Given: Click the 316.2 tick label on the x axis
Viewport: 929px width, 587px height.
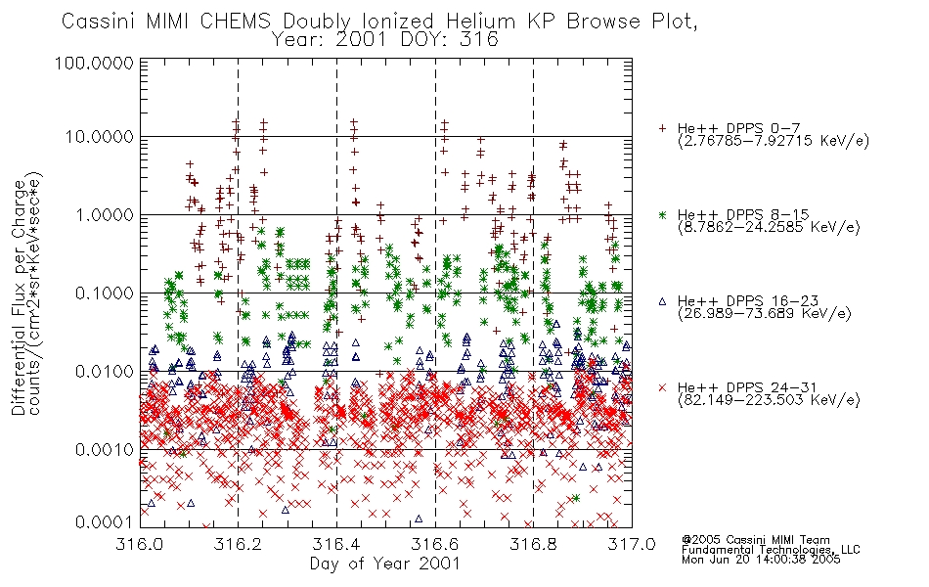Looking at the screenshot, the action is (x=239, y=544).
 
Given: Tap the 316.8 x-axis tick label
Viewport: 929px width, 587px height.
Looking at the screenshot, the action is (x=533, y=544).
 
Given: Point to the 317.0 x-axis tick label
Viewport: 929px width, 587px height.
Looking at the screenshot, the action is (x=632, y=544).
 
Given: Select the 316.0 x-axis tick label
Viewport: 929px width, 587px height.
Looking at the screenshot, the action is (x=140, y=544).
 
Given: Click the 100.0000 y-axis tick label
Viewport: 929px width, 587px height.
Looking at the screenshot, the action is (x=94, y=63).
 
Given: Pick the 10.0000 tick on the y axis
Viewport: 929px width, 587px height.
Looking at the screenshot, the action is (x=99, y=137).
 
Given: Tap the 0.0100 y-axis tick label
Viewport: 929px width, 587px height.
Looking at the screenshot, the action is (x=105, y=372).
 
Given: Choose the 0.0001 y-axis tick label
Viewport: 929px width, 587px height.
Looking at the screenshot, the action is (x=105, y=522).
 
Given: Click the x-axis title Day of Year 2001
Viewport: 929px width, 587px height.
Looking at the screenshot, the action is (x=385, y=564).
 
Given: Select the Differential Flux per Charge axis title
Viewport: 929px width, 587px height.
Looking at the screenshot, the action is (x=19, y=297).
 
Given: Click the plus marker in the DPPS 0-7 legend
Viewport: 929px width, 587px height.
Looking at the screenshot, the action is (x=662, y=128).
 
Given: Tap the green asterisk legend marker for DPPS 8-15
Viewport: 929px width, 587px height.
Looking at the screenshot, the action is (x=662, y=214).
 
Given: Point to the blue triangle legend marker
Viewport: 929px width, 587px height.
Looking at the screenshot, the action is (x=662, y=301).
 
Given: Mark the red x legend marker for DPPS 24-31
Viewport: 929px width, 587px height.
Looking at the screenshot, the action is (x=662, y=387).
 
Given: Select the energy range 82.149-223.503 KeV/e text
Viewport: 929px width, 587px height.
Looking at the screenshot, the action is (x=769, y=400).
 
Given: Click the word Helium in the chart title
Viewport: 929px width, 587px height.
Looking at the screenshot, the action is (x=481, y=22).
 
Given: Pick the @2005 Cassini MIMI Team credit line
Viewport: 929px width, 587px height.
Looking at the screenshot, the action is (x=755, y=540).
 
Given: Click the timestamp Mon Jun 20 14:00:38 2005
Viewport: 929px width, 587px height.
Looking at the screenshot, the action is (x=761, y=560).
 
